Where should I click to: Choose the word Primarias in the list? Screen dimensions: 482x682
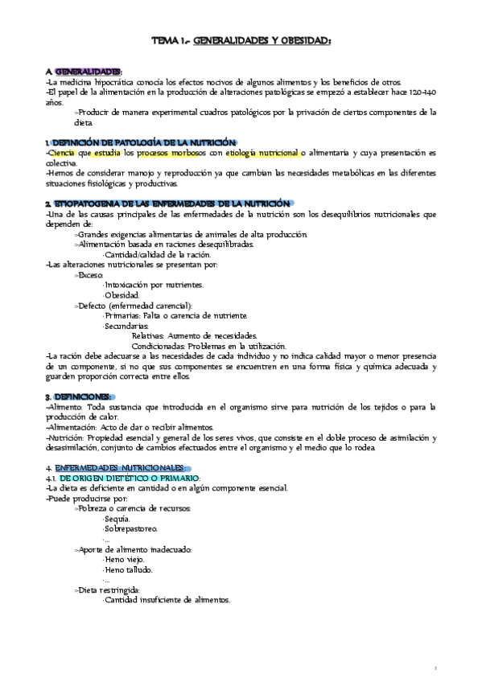pyautogui.click(x=128, y=315)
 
